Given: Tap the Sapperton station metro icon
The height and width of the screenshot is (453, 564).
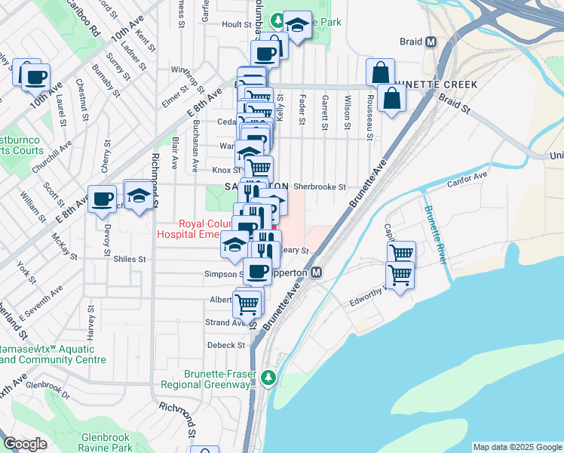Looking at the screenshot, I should tap(317, 272).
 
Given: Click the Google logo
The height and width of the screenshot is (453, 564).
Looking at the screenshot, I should tap(26, 444).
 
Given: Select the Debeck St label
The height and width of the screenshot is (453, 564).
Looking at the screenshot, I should tap(227, 345).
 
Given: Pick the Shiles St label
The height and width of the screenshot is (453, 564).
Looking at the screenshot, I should tap(130, 259).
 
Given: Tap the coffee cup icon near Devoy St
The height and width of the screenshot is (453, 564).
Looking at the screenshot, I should tap(103, 200).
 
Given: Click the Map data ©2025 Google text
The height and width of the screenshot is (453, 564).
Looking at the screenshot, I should tap(517, 447).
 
